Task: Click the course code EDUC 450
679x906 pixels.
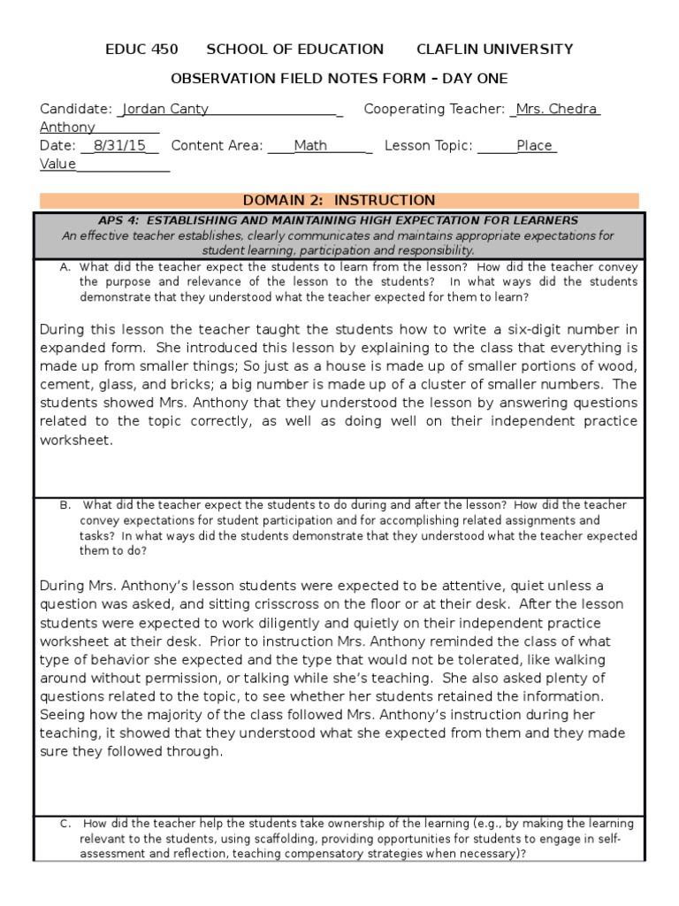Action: click(x=141, y=50)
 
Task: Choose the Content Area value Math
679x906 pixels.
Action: click(x=310, y=146)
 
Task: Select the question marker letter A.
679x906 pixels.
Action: click(x=65, y=267)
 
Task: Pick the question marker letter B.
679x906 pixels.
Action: click(x=65, y=505)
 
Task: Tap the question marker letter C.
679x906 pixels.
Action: click(x=65, y=824)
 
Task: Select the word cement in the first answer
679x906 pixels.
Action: click(x=65, y=385)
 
